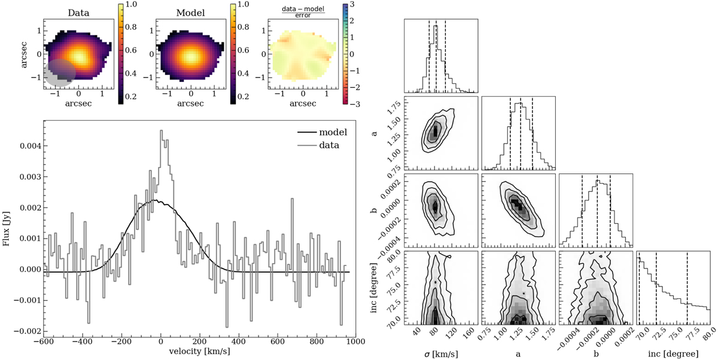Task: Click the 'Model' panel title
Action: [x=191, y=12]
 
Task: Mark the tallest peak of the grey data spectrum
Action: [x=161, y=132]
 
